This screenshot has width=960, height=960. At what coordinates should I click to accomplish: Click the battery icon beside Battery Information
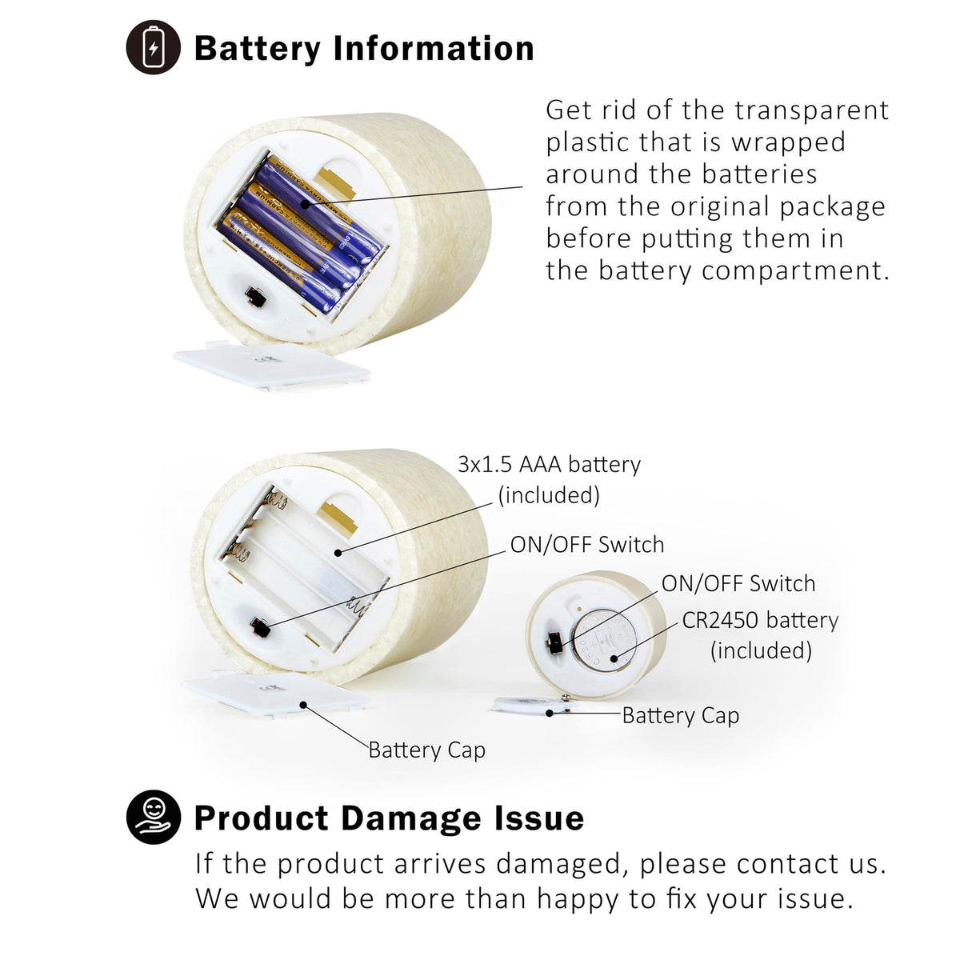click(x=154, y=47)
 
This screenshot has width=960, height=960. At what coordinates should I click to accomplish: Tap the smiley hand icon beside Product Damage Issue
click(x=154, y=817)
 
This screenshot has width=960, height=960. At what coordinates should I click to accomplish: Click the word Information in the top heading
click(x=434, y=48)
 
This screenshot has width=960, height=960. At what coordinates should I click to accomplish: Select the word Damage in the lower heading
click(x=410, y=818)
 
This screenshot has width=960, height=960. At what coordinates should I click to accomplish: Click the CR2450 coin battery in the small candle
click(x=604, y=640)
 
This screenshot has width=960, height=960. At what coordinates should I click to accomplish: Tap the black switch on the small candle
click(x=554, y=644)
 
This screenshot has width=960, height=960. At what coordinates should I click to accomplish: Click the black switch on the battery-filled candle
click(x=256, y=297)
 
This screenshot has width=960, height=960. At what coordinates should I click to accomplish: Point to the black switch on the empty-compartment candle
click(x=261, y=627)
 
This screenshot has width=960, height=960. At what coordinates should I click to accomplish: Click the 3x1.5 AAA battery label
click(x=549, y=464)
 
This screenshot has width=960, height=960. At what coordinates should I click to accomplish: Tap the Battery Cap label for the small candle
click(x=681, y=716)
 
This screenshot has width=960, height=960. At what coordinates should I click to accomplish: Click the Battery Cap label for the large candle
click(x=427, y=750)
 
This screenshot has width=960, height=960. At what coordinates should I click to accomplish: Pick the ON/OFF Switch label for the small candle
click(x=738, y=583)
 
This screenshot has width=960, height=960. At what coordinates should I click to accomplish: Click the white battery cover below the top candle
click(x=271, y=365)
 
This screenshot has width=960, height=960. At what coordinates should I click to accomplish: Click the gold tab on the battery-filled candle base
click(x=337, y=182)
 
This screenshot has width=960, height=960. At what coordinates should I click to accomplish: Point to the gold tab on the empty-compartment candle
click(x=338, y=517)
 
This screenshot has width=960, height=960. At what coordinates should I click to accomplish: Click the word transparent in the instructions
click(x=811, y=110)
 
